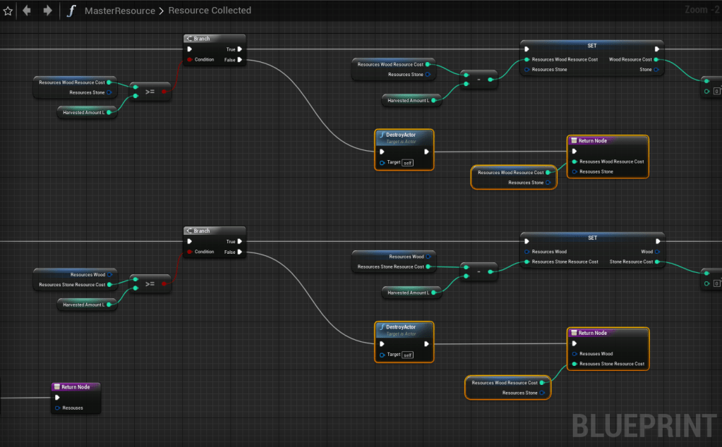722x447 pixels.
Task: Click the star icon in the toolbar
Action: [x=8, y=11]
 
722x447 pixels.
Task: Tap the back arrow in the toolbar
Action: [x=27, y=11]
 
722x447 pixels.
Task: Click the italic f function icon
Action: [x=71, y=11]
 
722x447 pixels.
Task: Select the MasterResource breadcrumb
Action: [x=119, y=11]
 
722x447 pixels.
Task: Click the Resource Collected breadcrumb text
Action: [x=210, y=11]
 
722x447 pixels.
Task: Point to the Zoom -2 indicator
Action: [x=701, y=10]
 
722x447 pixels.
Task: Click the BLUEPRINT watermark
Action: [x=644, y=425]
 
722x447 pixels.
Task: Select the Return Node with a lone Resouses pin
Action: [x=76, y=387]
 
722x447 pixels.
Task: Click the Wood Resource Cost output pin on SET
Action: [x=656, y=60]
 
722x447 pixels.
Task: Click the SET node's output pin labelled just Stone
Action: [x=656, y=70]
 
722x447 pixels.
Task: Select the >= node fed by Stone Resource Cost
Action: [x=150, y=283]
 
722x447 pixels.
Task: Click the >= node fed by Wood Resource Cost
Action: [x=150, y=91]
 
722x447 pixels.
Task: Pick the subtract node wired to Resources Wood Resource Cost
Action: [x=479, y=79]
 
